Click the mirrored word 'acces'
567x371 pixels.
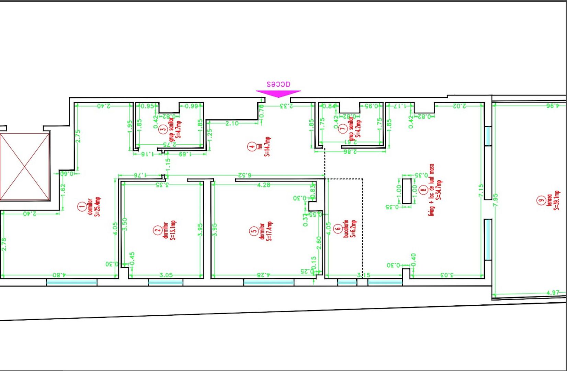278,84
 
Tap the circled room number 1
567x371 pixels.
82,206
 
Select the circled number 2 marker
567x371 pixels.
157,230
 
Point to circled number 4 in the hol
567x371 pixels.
252,147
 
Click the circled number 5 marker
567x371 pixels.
254,231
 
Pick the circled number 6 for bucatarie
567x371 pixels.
338,228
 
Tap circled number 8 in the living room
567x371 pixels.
423,189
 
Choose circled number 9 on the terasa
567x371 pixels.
541,200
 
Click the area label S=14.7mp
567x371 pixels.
267,147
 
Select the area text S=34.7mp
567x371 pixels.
439,190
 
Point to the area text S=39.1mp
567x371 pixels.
556,200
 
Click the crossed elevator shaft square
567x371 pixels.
25,167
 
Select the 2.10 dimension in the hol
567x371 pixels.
232,123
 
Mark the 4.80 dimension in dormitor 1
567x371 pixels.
59,275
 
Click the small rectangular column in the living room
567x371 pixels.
407,191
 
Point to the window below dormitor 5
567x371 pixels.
269,282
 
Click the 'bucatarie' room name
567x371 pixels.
346,228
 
